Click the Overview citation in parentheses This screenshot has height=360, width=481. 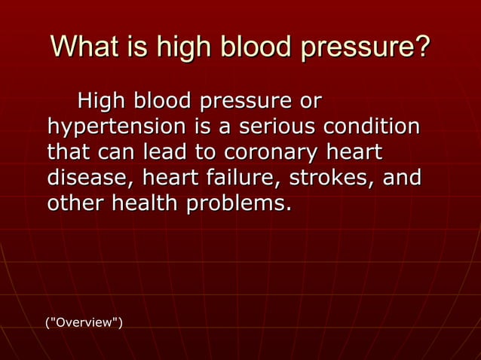coord(84,323)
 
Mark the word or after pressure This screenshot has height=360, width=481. coord(310,100)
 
